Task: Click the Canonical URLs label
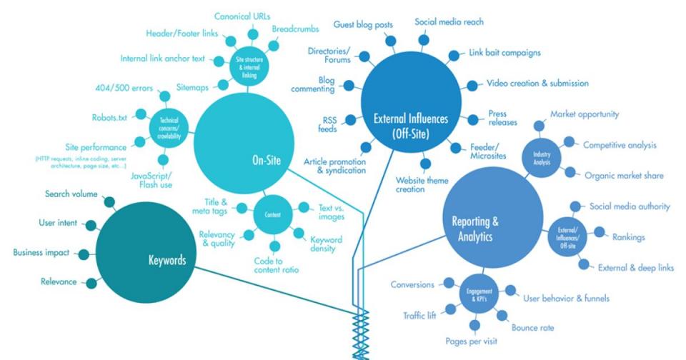click(x=242, y=16)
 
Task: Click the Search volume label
click(x=71, y=194)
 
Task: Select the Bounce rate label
click(x=532, y=328)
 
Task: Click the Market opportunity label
click(x=584, y=114)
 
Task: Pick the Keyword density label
click(x=326, y=245)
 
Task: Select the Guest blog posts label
click(x=363, y=24)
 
